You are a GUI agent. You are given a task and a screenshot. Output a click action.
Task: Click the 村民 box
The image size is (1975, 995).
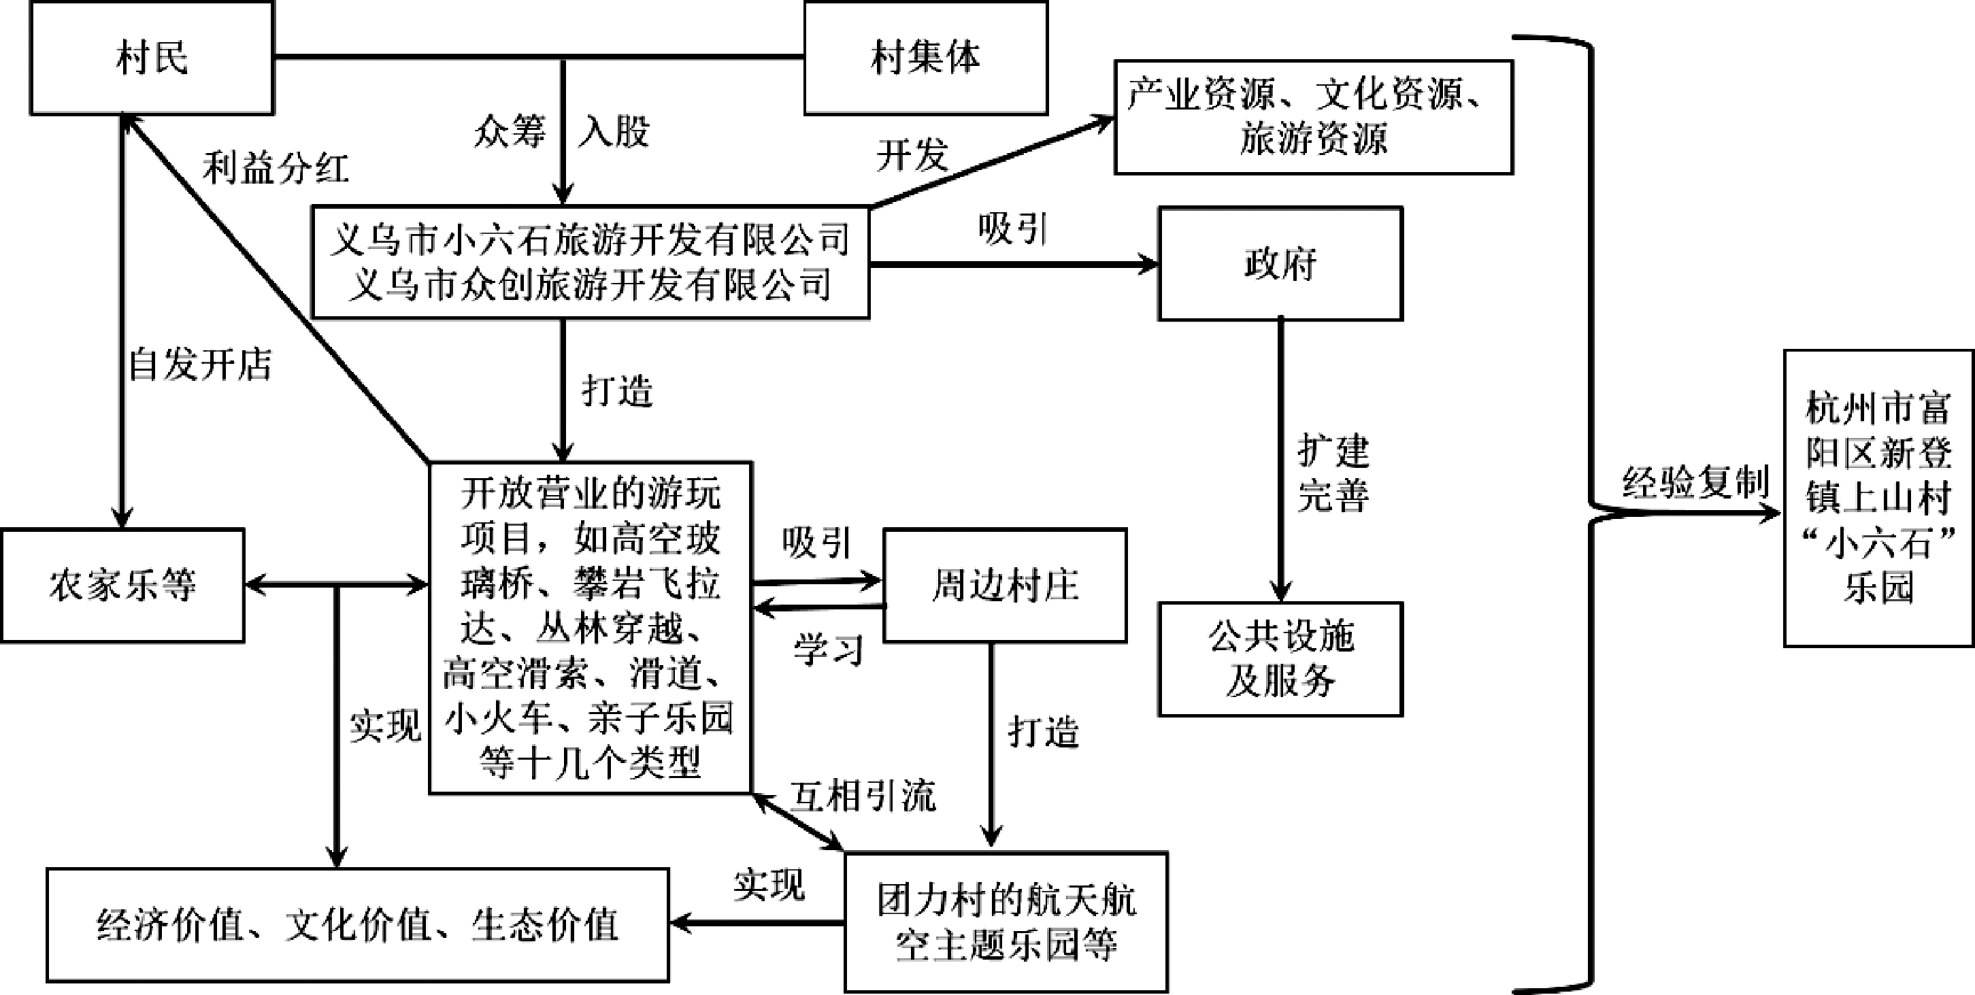[152, 58]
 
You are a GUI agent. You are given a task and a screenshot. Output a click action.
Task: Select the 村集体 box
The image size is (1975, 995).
[925, 58]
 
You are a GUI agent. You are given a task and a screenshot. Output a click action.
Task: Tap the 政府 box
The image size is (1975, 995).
[1280, 264]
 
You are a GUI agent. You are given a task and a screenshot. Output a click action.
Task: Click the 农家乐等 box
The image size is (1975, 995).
[122, 585]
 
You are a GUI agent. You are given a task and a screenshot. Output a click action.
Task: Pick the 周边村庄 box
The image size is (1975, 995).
[1005, 585]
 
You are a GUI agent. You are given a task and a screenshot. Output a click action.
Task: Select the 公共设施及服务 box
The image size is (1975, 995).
[1280, 658]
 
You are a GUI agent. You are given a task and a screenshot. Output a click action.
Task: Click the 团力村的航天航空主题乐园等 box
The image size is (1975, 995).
[1006, 922]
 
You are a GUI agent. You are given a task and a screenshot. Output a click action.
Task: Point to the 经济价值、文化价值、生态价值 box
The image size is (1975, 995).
[357, 924]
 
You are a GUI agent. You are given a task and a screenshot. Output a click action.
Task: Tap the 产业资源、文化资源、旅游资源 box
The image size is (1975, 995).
[1313, 117]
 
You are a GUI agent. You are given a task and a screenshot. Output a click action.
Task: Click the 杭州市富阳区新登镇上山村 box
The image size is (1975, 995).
[1878, 499]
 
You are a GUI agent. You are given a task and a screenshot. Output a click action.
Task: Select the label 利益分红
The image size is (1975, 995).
[276, 168]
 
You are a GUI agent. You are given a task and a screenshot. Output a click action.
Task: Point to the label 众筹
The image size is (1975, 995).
[510, 131]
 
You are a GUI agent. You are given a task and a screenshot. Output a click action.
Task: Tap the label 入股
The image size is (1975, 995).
[614, 131]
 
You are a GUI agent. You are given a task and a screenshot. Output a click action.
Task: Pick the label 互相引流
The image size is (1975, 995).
[863, 796]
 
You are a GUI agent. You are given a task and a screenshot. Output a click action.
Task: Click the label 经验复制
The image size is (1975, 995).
[1695, 482]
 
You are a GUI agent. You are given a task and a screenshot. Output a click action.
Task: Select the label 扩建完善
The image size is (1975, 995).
[1333, 473]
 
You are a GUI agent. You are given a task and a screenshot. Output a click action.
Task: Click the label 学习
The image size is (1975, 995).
[828, 650]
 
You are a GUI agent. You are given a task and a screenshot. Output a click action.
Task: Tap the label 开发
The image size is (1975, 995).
[912, 156]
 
